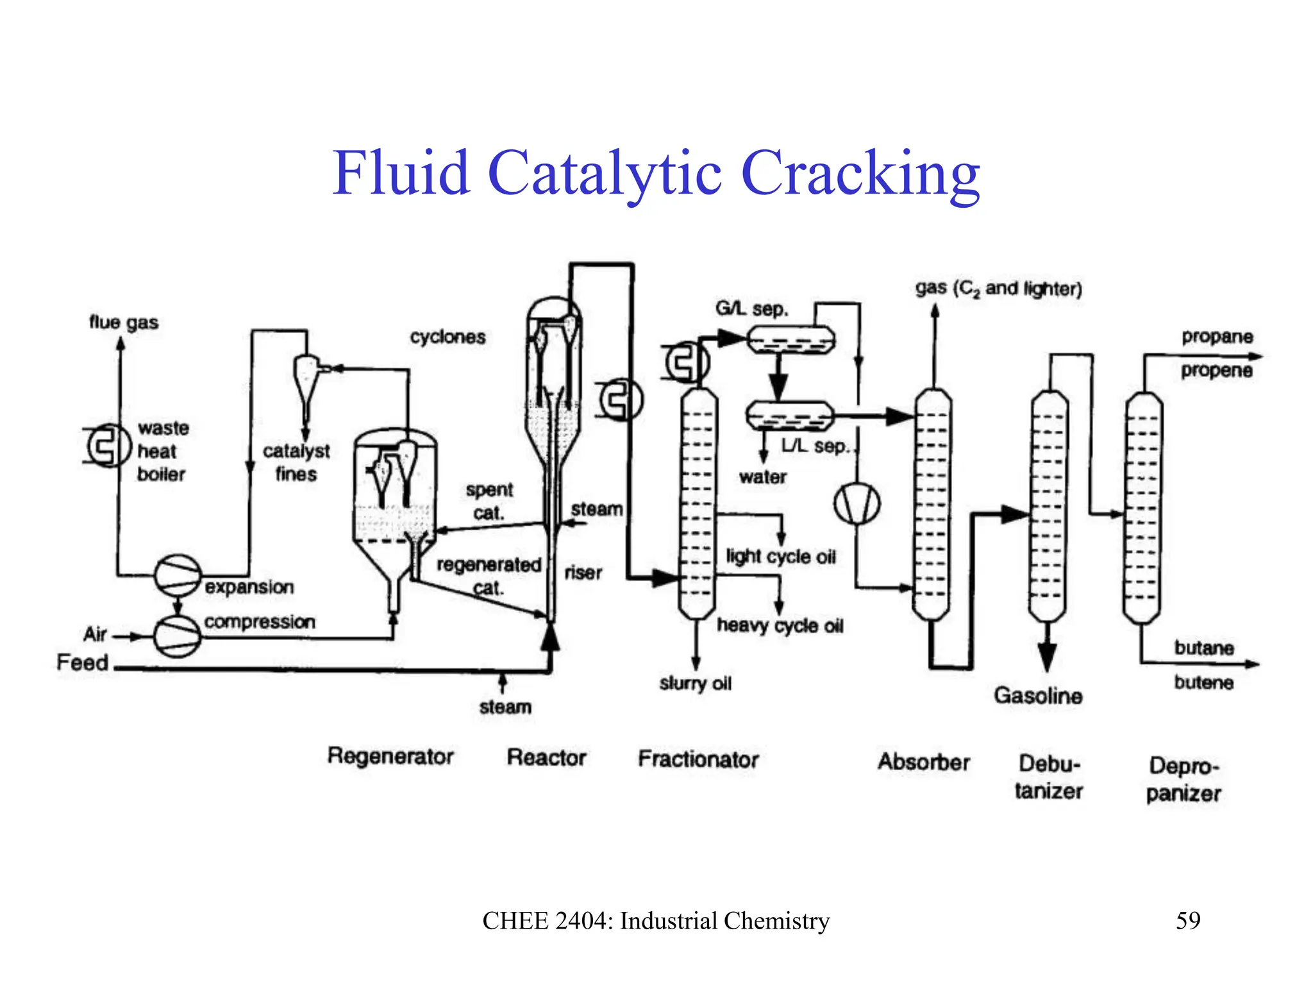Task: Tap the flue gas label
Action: click(x=123, y=322)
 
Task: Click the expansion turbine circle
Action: click(x=178, y=575)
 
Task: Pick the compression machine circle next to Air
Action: click(x=178, y=636)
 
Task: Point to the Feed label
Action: click(x=82, y=662)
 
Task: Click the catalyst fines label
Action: click(x=296, y=462)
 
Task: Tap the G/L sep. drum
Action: click(x=791, y=340)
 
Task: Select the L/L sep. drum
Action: click(x=790, y=416)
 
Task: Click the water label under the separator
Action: click(x=762, y=477)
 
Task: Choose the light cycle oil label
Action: click(x=780, y=556)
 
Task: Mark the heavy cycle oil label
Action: click(x=780, y=625)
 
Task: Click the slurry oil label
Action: click(x=695, y=684)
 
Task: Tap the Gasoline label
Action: click(x=1038, y=695)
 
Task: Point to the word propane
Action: click(x=1217, y=337)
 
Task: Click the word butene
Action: click(x=1203, y=682)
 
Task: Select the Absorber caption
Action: click(x=923, y=762)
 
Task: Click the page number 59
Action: click(x=1187, y=920)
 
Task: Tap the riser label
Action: click(x=583, y=573)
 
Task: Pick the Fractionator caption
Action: click(x=698, y=759)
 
